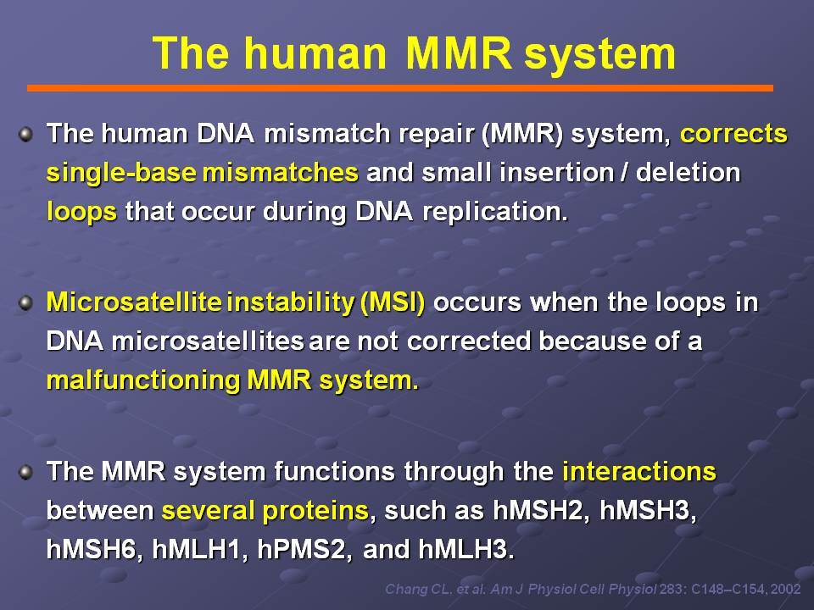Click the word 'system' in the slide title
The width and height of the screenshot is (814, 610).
click(x=599, y=53)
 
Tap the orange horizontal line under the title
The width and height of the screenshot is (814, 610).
click(x=399, y=88)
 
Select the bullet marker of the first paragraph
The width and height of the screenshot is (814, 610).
click(x=25, y=135)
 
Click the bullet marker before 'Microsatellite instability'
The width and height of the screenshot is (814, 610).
click(x=25, y=303)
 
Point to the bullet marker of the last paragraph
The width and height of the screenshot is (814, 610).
click(x=25, y=473)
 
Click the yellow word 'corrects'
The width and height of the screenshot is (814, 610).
click(x=733, y=133)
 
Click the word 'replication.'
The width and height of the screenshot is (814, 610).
click(x=496, y=212)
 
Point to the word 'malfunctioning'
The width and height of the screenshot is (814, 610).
click(x=143, y=380)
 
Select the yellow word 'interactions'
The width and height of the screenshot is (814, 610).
click(x=639, y=472)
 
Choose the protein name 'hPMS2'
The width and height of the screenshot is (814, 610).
click(x=302, y=550)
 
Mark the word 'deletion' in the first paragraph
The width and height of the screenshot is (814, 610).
click(x=688, y=173)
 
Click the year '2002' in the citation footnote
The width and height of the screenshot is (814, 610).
click(x=785, y=590)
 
